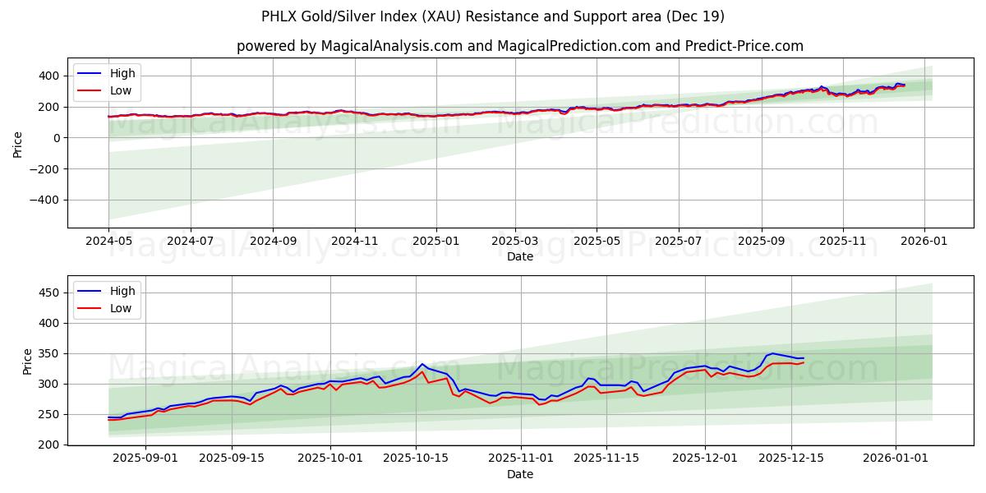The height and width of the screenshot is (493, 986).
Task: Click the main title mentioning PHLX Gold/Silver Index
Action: [x=493, y=16]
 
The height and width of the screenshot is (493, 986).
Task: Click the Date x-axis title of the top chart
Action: [x=519, y=256]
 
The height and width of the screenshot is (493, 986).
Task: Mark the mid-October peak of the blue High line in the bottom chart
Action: [x=422, y=364]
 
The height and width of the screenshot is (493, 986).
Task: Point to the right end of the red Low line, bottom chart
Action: [x=803, y=362]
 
